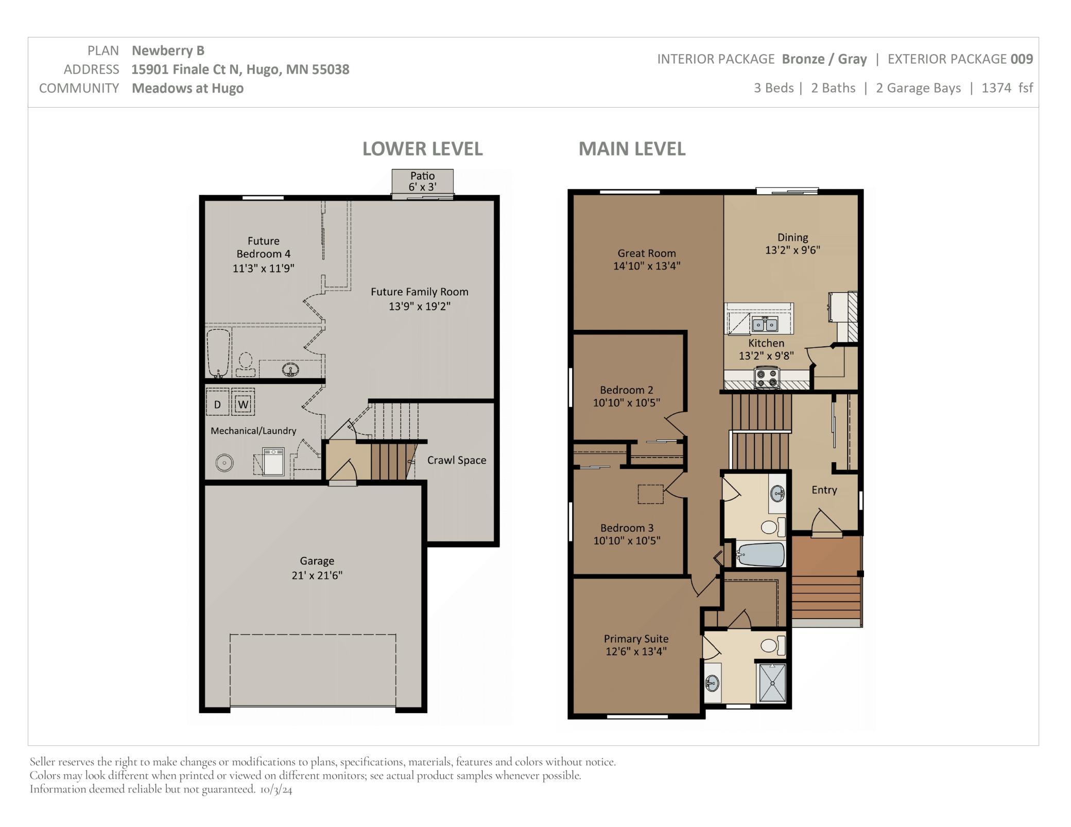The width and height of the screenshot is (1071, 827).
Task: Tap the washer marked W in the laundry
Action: click(243, 403)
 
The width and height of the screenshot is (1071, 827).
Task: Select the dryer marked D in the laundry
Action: click(217, 404)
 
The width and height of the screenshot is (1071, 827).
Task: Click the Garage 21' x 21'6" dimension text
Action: click(317, 575)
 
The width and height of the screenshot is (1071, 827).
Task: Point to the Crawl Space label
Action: click(456, 460)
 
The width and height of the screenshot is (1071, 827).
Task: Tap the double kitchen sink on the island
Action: click(765, 325)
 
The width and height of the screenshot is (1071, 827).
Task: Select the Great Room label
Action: click(646, 253)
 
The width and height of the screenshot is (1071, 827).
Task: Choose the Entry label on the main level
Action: click(824, 490)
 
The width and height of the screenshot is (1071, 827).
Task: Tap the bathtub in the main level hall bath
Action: click(760, 555)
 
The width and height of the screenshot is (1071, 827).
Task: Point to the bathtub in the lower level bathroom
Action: click(218, 353)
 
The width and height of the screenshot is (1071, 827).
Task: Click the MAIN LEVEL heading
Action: click(632, 149)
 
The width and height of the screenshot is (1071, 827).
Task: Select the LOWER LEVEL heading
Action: click(422, 149)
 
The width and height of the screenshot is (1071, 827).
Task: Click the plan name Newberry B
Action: click(168, 50)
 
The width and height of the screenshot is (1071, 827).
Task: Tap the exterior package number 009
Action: click(1022, 59)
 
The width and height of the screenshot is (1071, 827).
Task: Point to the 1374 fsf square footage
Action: click(1007, 88)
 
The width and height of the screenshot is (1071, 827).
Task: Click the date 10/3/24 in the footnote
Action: click(276, 789)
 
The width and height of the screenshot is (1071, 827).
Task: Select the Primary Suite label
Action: click(636, 639)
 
